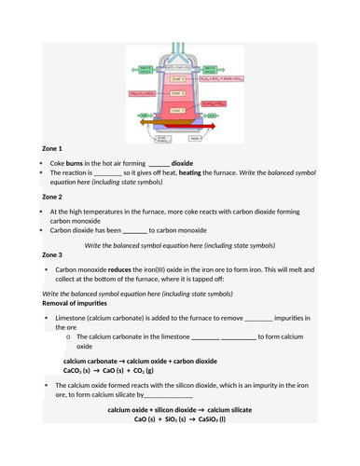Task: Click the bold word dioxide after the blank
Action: click(x=183, y=162)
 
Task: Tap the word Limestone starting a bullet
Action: click(x=74, y=318)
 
